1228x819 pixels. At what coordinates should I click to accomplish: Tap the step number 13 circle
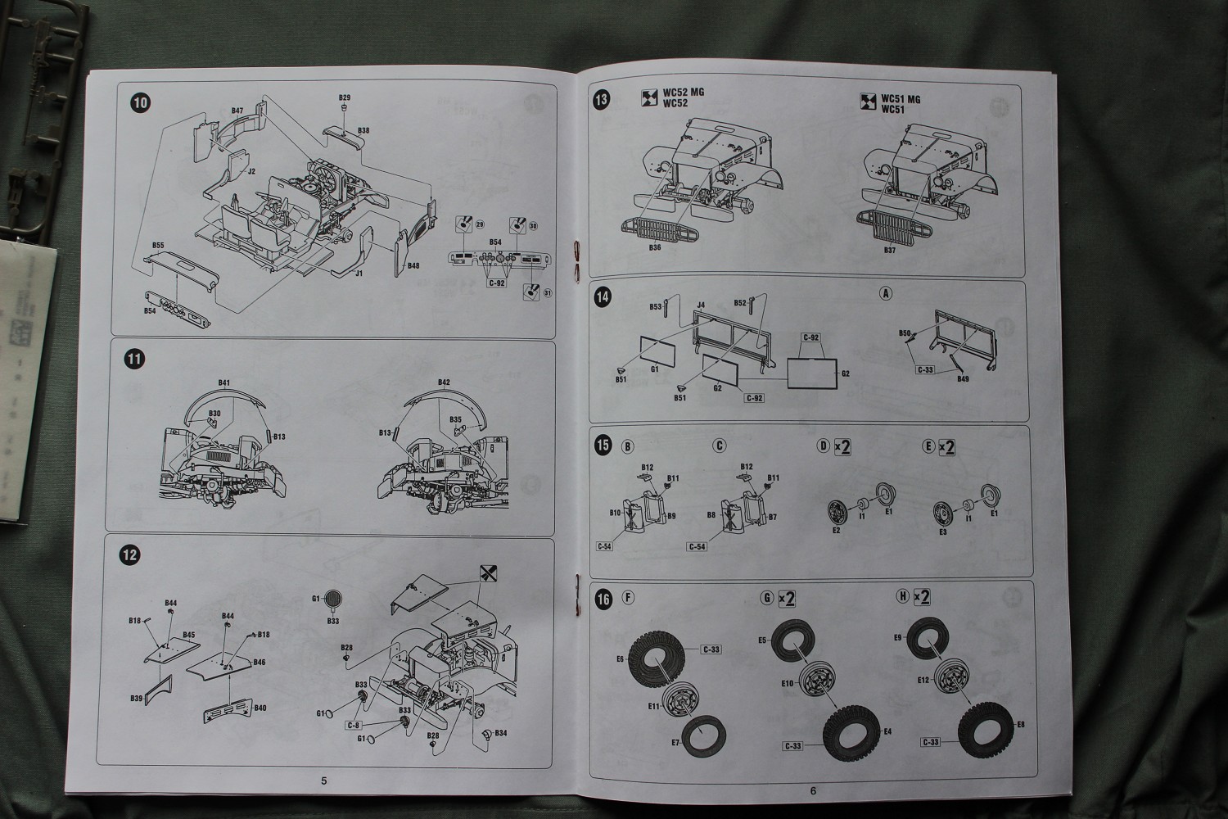(x=603, y=101)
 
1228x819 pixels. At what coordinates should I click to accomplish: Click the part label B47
(x=237, y=111)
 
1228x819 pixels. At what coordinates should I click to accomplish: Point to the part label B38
(x=363, y=130)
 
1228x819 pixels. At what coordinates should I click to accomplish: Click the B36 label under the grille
(x=654, y=247)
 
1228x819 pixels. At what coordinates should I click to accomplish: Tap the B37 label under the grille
(x=890, y=250)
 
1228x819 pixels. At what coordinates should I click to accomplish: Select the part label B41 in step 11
(x=223, y=382)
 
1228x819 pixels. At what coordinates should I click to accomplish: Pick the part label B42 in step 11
(x=444, y=382)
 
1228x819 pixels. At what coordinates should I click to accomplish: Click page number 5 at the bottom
(x=324, y=781)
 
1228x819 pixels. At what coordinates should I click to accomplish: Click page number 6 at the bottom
(x=813, y=790)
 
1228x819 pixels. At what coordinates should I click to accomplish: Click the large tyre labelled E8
(x=987, y=725)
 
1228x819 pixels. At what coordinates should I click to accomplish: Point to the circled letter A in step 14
(x=884, y=293)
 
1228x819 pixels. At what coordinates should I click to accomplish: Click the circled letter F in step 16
(x=628, y=597)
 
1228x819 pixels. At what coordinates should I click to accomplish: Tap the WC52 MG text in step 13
(x=683, y=93)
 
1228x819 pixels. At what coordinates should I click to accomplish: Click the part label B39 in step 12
(x=136, y=698)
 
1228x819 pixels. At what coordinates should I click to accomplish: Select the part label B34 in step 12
(x=500, y=732)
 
